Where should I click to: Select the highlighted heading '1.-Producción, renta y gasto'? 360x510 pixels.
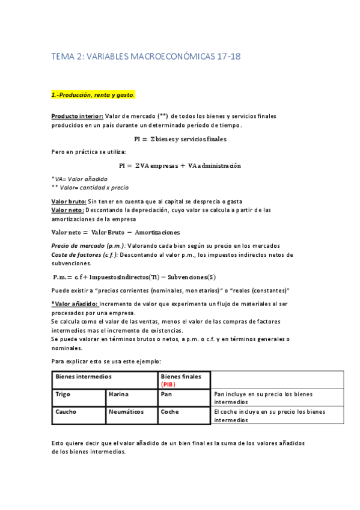pyautogui.click(x=93, y=95)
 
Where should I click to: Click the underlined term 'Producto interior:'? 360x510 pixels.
pyautogui.click(x=78, y=116)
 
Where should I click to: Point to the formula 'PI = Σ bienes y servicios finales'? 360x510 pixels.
pyautogui.click(x=180, y=139)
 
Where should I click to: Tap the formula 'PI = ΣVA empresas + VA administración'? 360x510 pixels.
pyautogui.click(x=180, y=165)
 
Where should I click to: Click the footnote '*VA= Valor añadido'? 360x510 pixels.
pyautogui.click(x=79, y=179)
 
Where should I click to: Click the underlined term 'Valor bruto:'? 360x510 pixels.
pyautogui.click(x=69, y=201)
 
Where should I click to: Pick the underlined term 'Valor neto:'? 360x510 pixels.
pyautogui.click(x=67, y=210)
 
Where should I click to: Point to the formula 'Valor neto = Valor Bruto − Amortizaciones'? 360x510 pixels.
pyautogui.click(x=115, y=232)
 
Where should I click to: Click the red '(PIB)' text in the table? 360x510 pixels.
pyautogui.click(x=168, y=384)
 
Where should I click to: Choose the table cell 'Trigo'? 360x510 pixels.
pyautogui.click(x=63, y=395)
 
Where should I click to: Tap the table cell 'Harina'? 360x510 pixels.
pyautogui.click(x=118, y=395)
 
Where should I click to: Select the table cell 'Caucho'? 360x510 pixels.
pyautogui.click(x=66, y=413)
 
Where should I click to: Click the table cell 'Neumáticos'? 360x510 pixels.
pyautogui.click(x=126, y=413)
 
